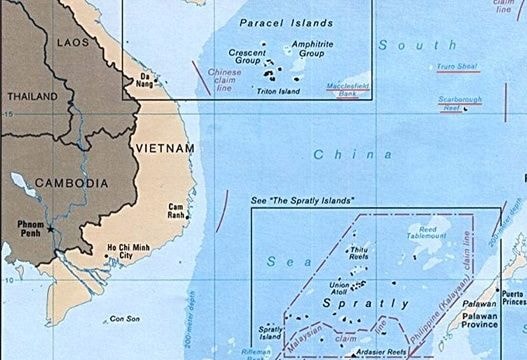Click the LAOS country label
(73, 43)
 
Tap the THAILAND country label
(31, 96)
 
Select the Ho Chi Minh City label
(115, 250)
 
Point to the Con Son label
(125, 319)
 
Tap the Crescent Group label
(246, 58)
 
